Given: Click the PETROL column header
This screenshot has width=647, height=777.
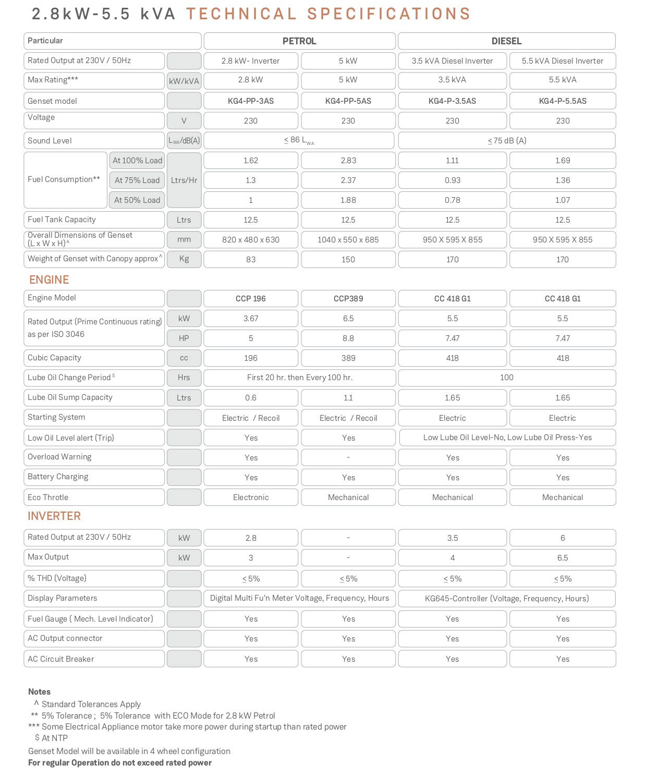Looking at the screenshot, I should (299, 41).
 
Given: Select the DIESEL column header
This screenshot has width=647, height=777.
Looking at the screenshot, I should (506, 41).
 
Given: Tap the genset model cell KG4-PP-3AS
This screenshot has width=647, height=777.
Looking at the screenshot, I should (251, 101).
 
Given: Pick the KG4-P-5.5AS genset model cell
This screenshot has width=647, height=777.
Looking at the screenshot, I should (563, 101).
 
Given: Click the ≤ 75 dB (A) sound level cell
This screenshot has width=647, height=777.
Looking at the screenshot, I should (507, 140).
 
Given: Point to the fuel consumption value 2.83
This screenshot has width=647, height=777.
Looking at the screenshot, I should (348, 160).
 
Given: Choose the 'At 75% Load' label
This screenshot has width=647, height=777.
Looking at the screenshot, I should (137, 180).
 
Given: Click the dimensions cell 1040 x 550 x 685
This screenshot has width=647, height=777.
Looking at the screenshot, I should (348, 240).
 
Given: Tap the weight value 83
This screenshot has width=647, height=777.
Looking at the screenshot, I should (251, 260).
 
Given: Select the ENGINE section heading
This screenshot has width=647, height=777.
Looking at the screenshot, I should (49, 280).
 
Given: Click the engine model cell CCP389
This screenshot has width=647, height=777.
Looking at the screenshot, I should (348, 299).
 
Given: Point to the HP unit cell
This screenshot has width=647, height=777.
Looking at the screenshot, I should (184, 338).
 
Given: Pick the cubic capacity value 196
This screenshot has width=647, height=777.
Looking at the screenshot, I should (251, 358).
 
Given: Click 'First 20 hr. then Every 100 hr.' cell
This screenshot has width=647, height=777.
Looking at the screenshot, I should (300, 378).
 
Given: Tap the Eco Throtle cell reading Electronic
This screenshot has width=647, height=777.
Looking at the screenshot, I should (251, 497).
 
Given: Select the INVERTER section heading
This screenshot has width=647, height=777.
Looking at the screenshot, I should (54, 516).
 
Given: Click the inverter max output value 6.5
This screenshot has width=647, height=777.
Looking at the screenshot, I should (563, 558).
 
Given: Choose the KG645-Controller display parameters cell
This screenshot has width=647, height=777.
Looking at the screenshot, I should (507, 599).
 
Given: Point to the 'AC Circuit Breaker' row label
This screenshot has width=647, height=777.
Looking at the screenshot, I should (61, 659).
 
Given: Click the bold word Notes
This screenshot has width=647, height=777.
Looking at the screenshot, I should (40, 691).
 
